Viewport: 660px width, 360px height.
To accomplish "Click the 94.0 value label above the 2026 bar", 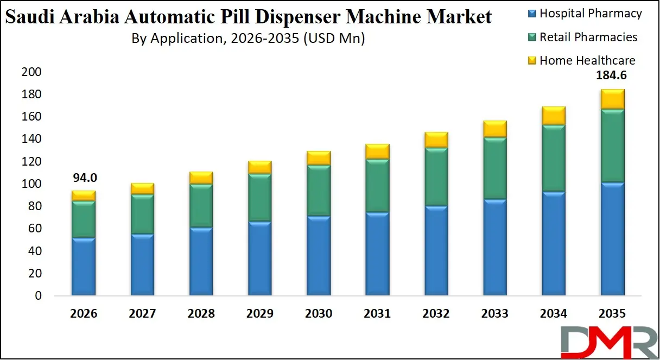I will pos(84,178).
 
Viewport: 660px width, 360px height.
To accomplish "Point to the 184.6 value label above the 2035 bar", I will pos(612,76).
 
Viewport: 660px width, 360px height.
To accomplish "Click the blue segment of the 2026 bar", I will pos(84,267).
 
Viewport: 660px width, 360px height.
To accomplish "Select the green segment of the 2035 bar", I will pos(612,146).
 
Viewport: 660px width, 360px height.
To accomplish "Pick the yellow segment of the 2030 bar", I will pos(319,157).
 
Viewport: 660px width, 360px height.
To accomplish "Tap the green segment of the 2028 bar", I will pos(201,206).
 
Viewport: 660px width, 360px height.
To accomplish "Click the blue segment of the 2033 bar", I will pos(494,247).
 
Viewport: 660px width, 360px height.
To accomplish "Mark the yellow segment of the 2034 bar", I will pos(553,115).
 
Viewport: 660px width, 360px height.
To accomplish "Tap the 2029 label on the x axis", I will pos(259,314).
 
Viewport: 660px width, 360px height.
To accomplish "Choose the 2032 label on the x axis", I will pos(436,314).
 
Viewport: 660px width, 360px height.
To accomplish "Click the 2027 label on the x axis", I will pos(142,314).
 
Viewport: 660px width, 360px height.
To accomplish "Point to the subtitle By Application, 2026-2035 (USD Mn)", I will pos(248,39).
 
